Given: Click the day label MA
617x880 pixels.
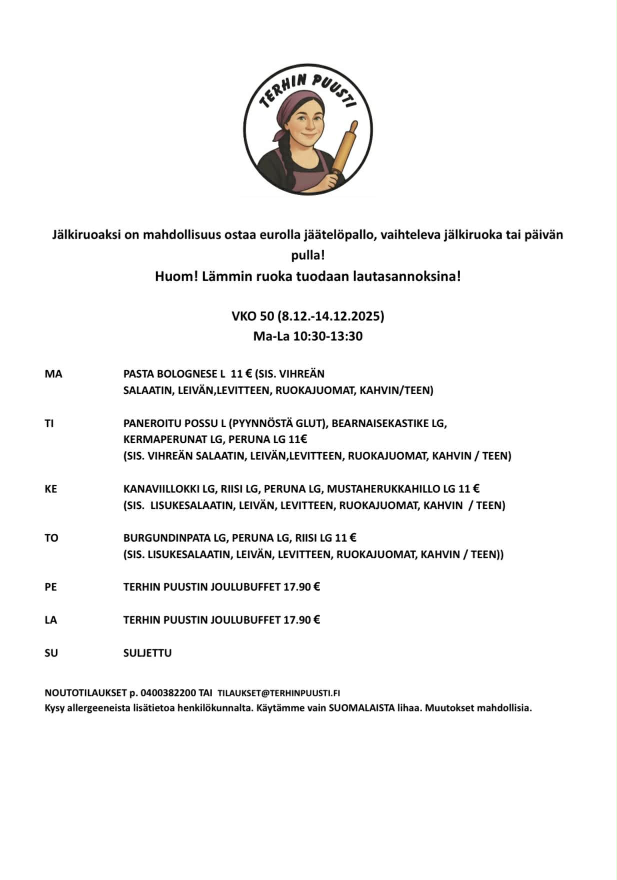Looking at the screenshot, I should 53,374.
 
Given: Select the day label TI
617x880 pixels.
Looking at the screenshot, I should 49,424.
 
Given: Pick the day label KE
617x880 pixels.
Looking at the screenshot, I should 50,489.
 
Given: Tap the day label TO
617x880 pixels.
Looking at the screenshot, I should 51,538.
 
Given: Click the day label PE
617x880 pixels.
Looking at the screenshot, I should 50,587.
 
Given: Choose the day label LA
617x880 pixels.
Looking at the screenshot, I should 50,620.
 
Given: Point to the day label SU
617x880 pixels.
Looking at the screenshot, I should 51,653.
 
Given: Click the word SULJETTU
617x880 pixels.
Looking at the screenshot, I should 147,653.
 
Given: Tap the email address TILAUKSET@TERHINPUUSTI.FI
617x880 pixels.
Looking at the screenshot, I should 279,693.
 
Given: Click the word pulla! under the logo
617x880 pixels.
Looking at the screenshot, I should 308,256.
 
